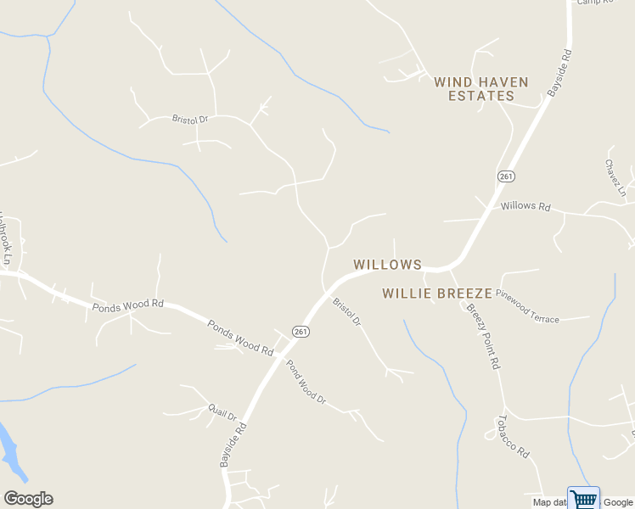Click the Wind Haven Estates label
point(480,89)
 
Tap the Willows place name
point(387,265)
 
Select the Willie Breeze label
point(436,294)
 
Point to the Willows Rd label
point(525,206)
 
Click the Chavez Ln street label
point(615,177)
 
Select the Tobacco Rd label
point(513,436)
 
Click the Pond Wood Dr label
point(306,381)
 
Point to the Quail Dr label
point(222,411)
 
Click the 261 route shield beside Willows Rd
point(506,176)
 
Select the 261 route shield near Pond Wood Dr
point(300,332)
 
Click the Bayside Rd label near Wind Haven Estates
point(559,73)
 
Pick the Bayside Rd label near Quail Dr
point(232,445)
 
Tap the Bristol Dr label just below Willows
point(346,311)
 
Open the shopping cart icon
point(583,498)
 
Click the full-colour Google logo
point(28,499)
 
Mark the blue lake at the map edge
point(10,450)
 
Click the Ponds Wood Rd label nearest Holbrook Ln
point(127,304)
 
